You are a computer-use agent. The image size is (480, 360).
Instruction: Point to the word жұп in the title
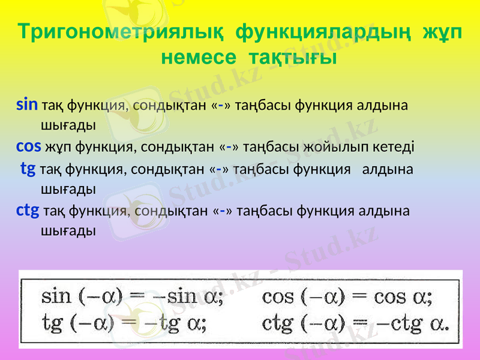point(442,33)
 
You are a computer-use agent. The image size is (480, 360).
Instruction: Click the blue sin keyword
point(27,105)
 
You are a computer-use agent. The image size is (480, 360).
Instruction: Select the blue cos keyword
point(28,146)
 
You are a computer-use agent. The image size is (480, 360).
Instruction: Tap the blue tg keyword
point(28,169)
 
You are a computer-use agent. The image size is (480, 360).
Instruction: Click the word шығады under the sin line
point(68,125)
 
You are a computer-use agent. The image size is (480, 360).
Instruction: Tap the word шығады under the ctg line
point(68,230)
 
